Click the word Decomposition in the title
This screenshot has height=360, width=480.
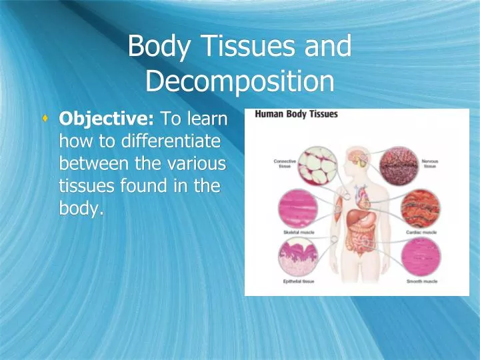239,81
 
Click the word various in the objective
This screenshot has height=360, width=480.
199,164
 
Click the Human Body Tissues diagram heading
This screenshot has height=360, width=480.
297,114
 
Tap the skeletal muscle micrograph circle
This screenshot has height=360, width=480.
297,209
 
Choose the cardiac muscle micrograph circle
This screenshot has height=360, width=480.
420,209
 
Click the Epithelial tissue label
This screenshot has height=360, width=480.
298,282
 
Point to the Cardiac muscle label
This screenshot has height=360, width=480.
421,233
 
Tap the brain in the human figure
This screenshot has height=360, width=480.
359,159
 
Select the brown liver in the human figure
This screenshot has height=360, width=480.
354,213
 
